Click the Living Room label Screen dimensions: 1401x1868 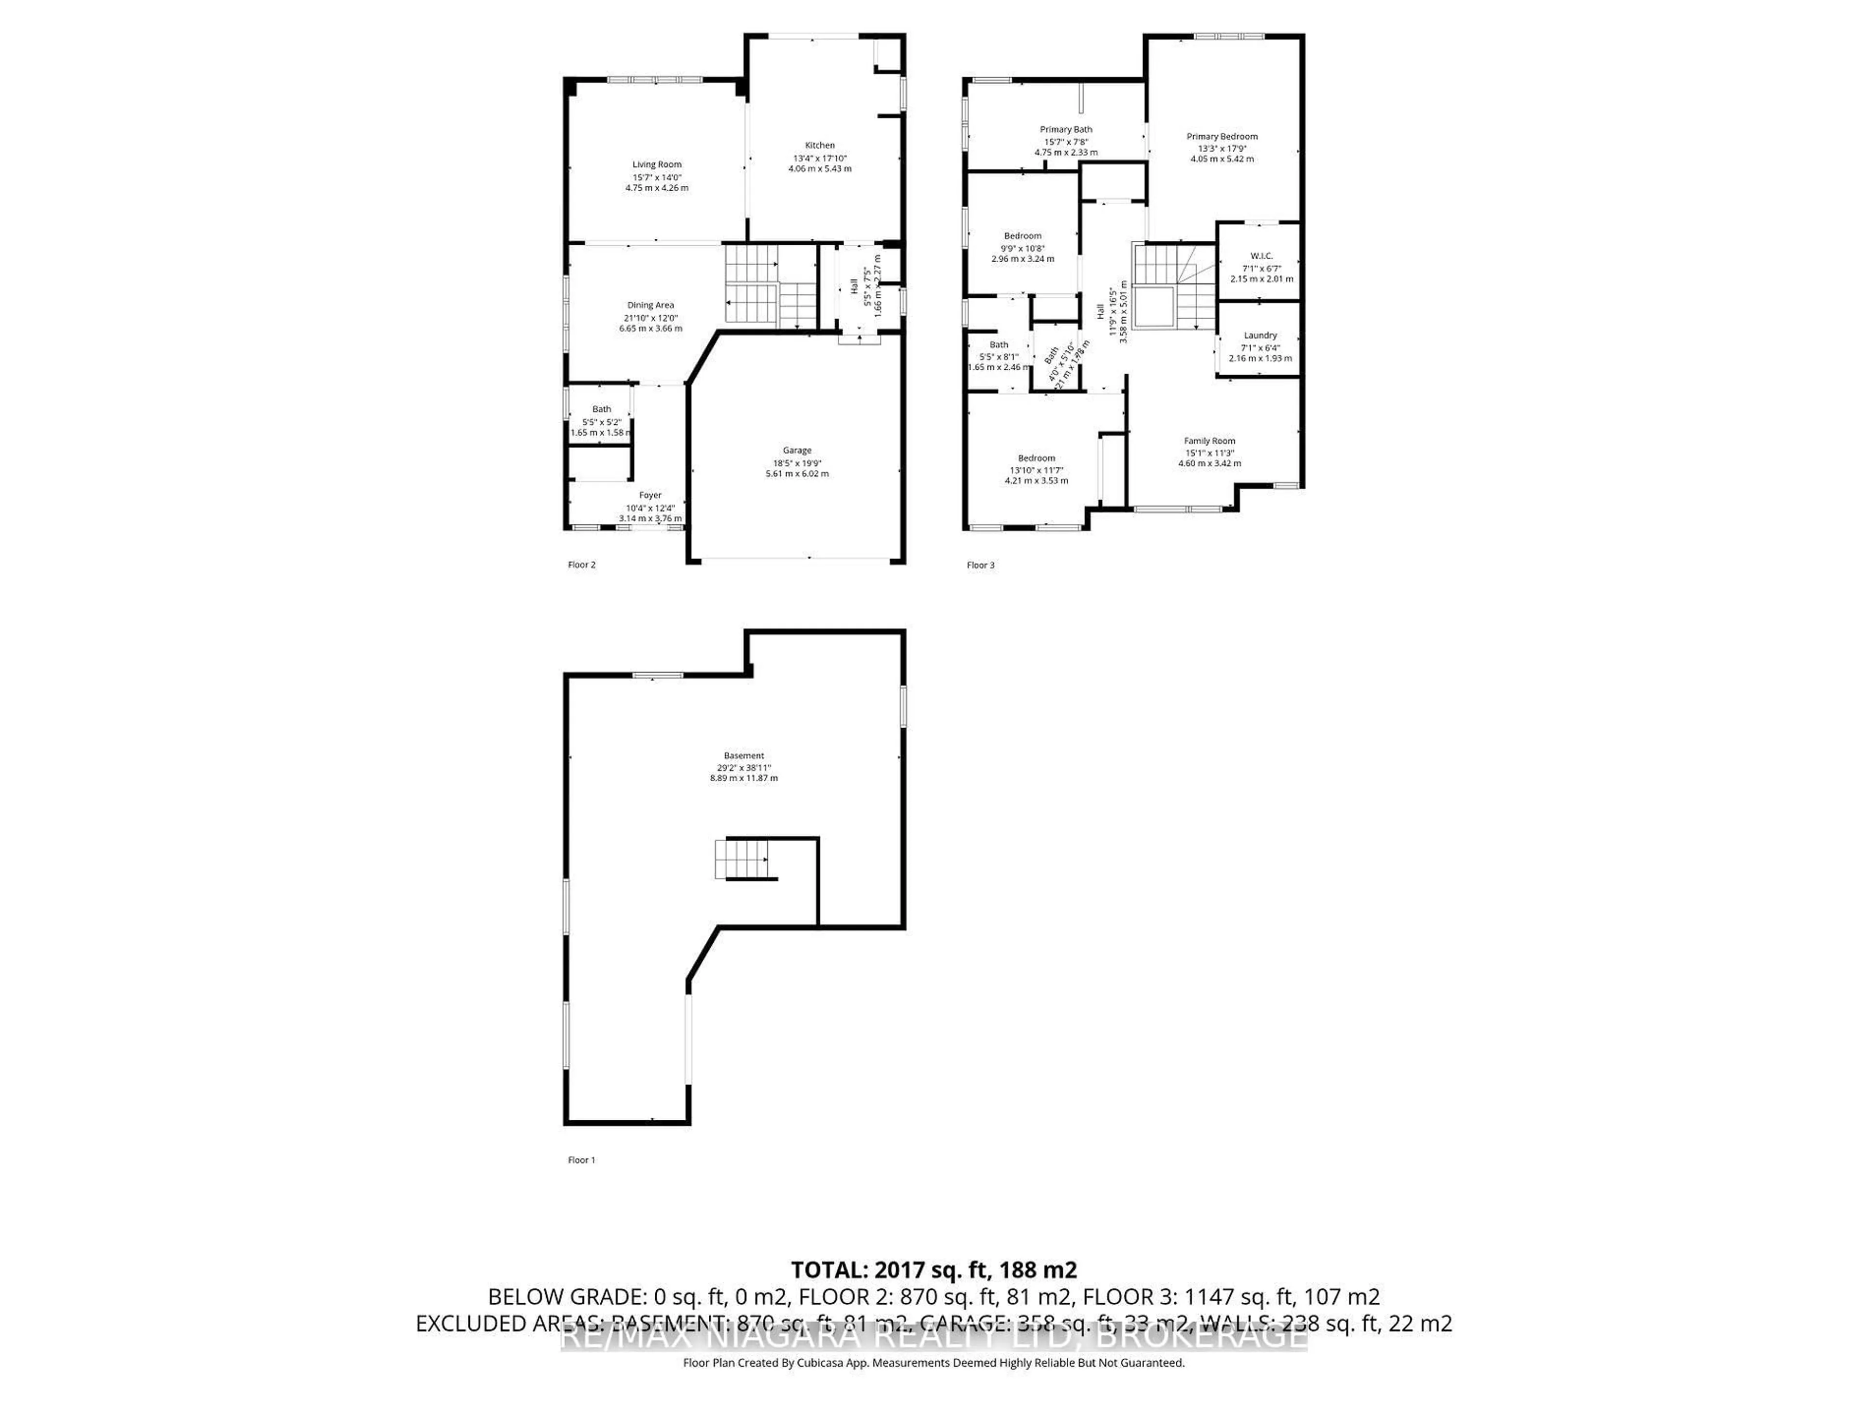point(657,165)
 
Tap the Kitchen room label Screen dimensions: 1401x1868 point(819,145)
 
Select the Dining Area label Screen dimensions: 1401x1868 point(650,305)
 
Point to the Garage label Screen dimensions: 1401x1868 point(796,450)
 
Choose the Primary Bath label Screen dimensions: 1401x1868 point(1066,129)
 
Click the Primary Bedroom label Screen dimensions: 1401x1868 point(1221,136)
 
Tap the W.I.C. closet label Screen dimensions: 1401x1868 point(1261,256)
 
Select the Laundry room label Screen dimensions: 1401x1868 point(1260,335)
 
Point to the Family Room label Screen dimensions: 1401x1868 point(1209,441)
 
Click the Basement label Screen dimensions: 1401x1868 point(743,756)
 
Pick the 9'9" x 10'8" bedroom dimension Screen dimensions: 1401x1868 point(1022,248)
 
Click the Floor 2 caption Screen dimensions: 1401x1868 point(581,565)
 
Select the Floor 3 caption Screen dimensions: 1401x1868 point(980,565)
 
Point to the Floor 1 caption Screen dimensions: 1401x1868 point(581,1160)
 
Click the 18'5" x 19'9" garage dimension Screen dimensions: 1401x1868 point(796,463)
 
